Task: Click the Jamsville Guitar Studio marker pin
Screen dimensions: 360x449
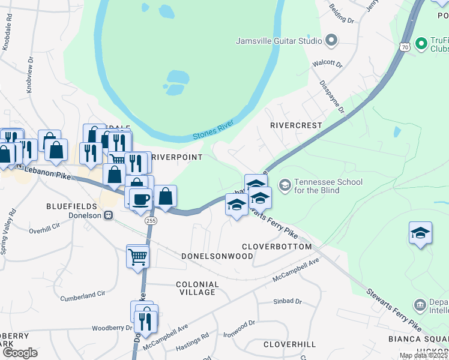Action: [x=331, y=41]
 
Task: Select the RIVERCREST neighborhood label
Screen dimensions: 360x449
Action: [x=296, y=125]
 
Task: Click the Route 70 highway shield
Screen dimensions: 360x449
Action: [x=405, y=46]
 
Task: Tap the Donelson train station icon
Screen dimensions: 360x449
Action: [x=109, y=215]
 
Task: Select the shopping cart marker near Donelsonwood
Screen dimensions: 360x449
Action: [x=137, y=256]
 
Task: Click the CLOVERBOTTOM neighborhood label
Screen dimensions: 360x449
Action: [x=277, y=247]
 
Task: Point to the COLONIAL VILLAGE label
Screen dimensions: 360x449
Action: [x=197, y=288]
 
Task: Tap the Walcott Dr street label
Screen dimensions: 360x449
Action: [x=327, y=64]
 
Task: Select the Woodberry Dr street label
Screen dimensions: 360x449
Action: [x=111, y=328]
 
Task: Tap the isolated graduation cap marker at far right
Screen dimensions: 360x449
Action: [x=420, y=233]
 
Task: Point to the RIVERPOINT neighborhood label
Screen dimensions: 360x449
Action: [x=177, y=157]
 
